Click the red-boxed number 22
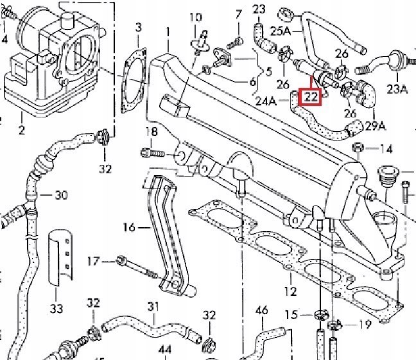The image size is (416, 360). pos(311,98)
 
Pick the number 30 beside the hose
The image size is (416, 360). pos(61,194)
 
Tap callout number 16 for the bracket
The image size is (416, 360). pos(130,227)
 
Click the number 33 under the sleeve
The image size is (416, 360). pos(56,309)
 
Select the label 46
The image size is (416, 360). pos(261,311)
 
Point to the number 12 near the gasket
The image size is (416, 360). pos(291,291)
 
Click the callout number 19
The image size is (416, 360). pos(365,324)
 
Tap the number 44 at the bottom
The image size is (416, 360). pos(165,350)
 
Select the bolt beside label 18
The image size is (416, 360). pos(149,153)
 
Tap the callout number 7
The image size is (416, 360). pos(239,13)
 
